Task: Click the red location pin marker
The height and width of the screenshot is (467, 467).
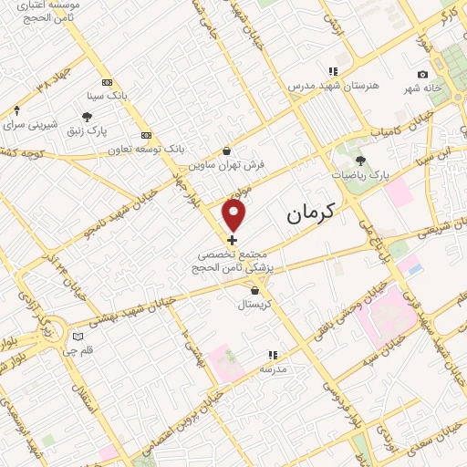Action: point(234,215)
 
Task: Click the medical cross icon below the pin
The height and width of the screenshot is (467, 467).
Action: point(232,239)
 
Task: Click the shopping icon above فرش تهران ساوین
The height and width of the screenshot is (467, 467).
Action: point(227,151)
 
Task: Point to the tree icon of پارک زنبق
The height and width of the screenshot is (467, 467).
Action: point(87,117)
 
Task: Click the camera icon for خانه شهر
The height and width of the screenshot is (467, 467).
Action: point(422,75)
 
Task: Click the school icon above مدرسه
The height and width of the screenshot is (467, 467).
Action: point(272,355)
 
